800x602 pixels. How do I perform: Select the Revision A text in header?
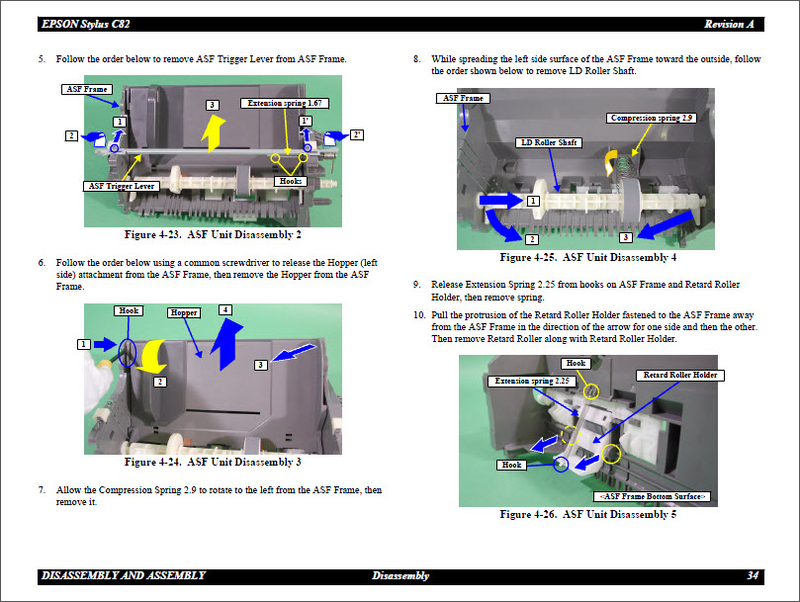730,24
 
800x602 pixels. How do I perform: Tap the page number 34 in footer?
754,575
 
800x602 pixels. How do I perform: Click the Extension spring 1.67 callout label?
286,103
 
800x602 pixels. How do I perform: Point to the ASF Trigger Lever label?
122,185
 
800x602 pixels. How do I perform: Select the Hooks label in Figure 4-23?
292,181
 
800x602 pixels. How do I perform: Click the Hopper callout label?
184,312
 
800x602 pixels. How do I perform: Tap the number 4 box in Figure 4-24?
225,309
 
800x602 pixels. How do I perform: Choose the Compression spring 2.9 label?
653,119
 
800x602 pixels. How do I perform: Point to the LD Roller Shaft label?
549,143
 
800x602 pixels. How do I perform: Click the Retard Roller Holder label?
680,376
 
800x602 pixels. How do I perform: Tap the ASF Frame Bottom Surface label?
653,495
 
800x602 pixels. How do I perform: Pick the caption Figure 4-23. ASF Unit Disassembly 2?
213,235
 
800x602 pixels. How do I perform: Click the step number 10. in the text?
419,314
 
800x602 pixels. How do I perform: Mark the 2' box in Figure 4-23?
357,134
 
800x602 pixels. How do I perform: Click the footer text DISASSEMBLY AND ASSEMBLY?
124,575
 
